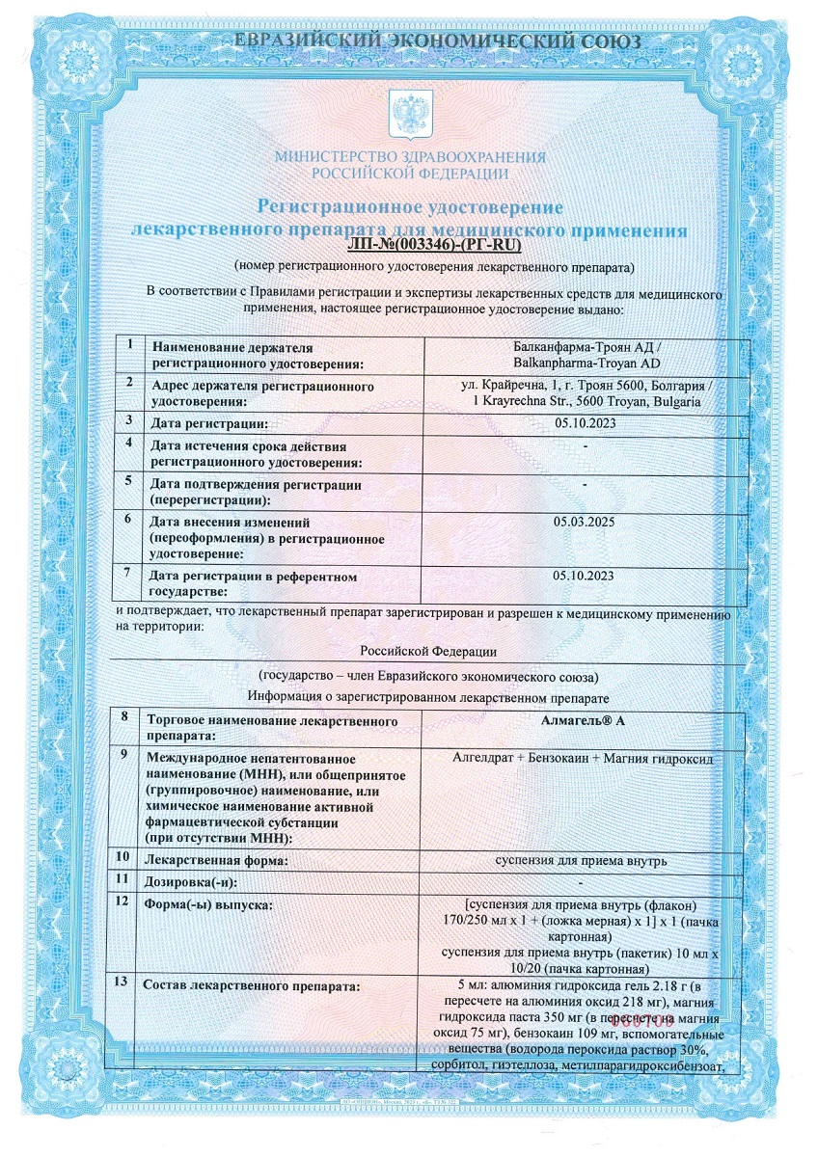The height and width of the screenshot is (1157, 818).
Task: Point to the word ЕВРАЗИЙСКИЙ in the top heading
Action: click(311, 41)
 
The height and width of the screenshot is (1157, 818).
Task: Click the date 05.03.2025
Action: click(584, 521)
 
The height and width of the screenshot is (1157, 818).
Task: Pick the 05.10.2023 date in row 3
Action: click(584, 422)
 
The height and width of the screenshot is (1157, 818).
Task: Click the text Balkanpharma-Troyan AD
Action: click(584, 361)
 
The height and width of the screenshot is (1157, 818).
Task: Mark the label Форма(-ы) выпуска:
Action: click(206, 903)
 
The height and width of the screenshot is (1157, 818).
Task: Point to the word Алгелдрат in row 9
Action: click(482, 758)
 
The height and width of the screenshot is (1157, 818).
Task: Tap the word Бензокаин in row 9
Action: click(556, 758)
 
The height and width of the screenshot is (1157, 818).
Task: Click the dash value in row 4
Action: click(585, 445)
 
